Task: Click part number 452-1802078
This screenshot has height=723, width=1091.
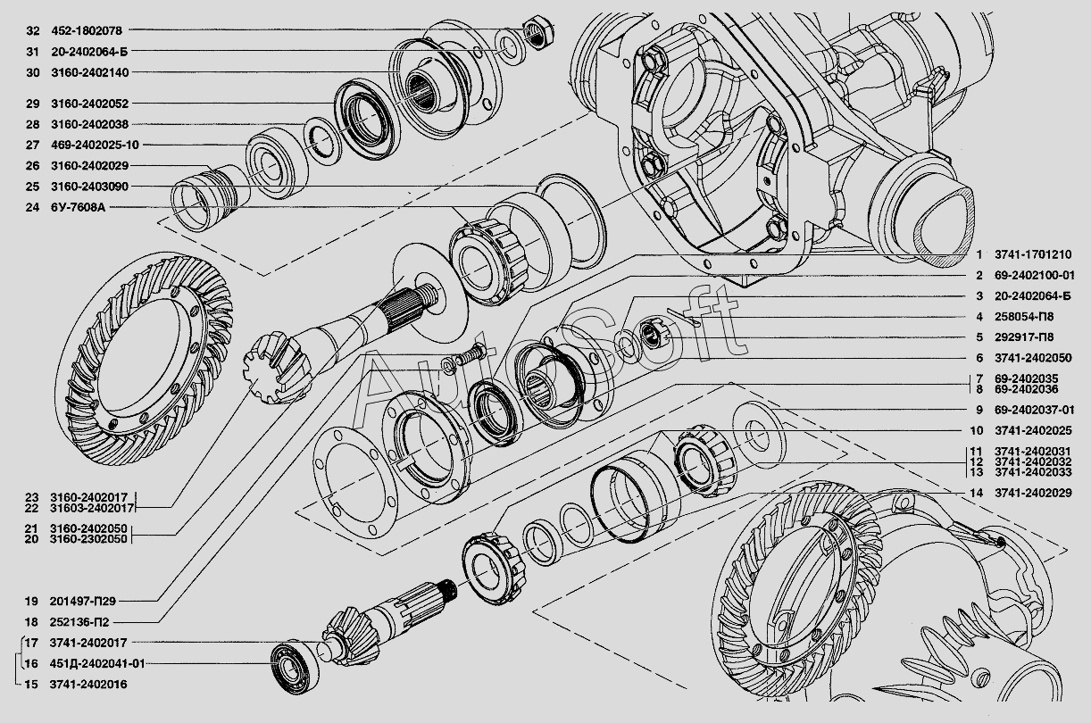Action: pos(87,30)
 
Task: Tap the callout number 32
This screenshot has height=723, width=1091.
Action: pos(33,30)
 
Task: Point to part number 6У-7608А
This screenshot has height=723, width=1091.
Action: pos(78,207)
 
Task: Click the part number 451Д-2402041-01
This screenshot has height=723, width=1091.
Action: pos(97,663)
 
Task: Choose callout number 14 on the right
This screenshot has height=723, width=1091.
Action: pos(976,493)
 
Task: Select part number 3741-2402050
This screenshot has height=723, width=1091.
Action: pos(1033,358)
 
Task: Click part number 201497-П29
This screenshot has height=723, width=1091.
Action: pos(83,602)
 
